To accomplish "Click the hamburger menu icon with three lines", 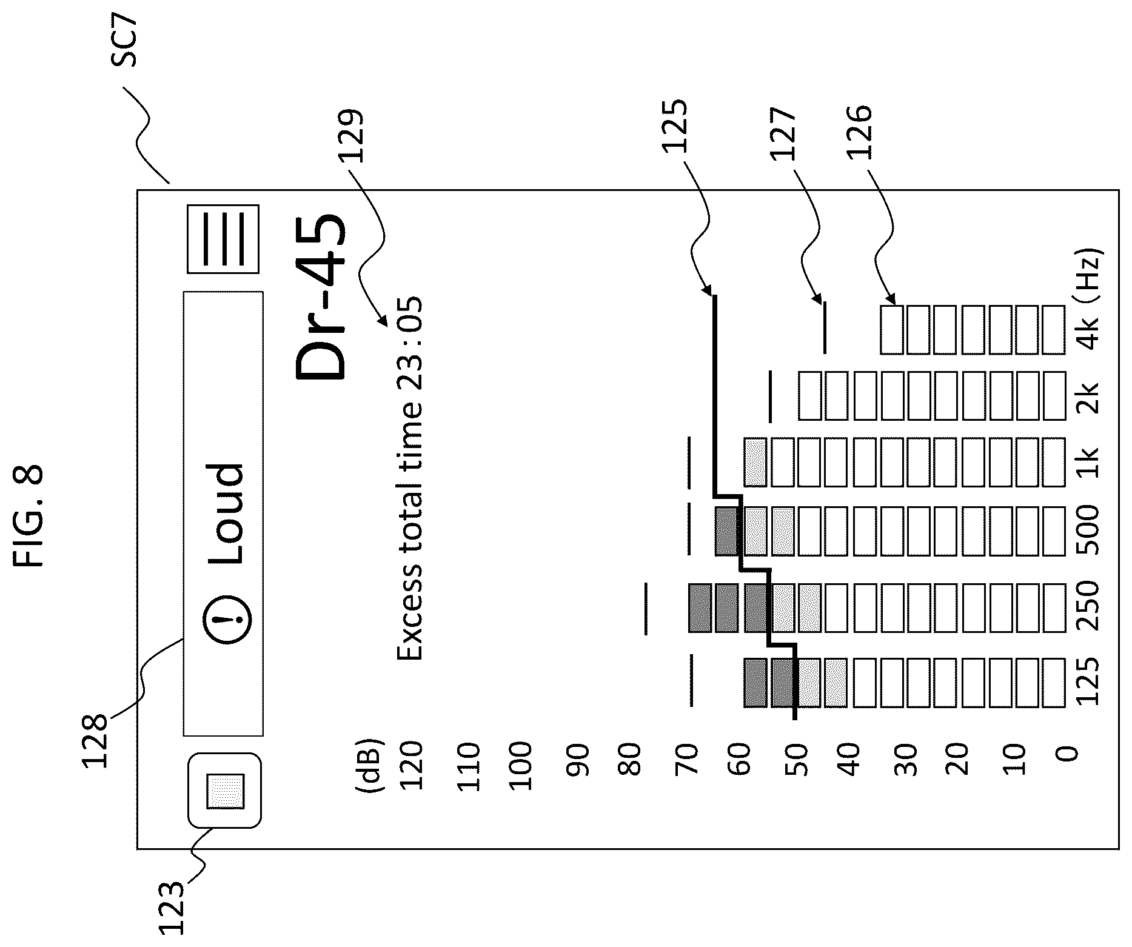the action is (223, 239).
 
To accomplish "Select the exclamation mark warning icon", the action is (226, 618).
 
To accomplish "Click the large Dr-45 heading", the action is (320, 296).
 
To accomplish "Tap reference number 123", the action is (170, 909).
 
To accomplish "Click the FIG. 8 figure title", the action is (28, 516).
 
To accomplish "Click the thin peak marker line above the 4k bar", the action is (824, 328).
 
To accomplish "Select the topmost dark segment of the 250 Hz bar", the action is (699, 608).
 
